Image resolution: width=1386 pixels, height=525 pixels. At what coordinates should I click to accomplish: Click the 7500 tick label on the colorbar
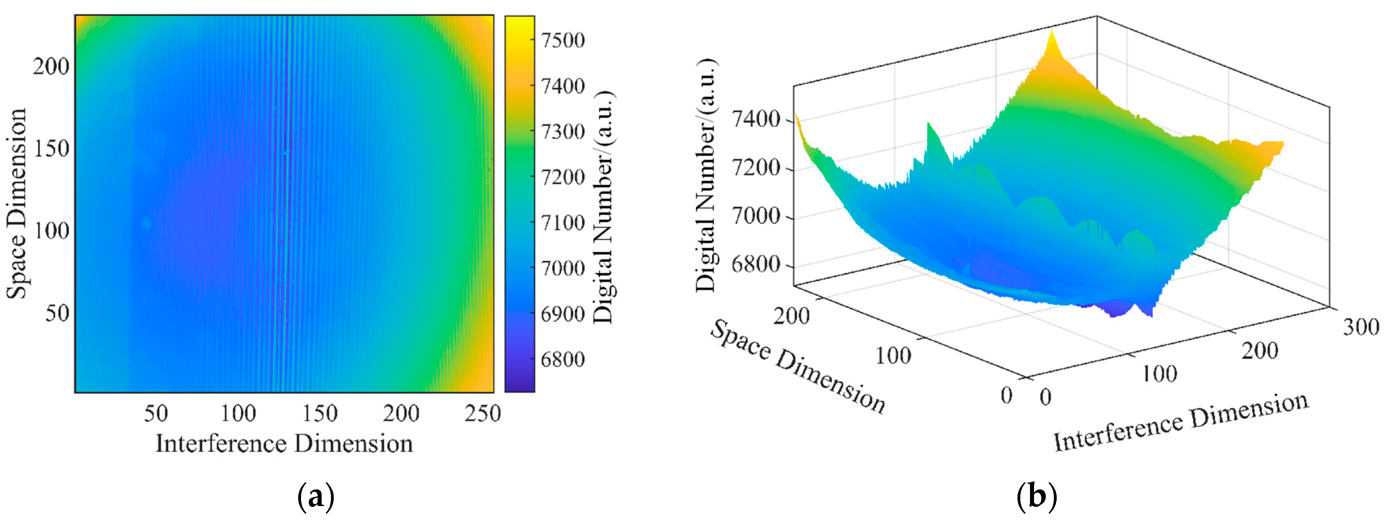pos(562,40)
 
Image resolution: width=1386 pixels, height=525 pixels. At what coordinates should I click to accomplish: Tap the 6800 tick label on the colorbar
pos(562,359)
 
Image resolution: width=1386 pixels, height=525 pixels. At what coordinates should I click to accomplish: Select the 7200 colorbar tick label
pos(562,177)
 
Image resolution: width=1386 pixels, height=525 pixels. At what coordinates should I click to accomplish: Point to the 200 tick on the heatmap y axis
pos(51,67)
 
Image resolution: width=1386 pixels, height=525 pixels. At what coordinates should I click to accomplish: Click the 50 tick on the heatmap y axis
pos(57,313)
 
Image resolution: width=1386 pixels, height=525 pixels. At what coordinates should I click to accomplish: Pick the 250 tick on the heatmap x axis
pos(482,413)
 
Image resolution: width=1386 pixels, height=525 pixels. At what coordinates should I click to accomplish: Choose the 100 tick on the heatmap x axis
pos(238,413)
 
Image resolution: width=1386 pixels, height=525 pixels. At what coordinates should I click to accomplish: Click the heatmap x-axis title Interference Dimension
pos(284,444)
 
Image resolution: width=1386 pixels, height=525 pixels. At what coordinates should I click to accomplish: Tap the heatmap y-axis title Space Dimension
pos(16,203)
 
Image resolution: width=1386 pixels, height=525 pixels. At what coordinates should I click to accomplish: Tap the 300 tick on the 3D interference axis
pos(1361,327)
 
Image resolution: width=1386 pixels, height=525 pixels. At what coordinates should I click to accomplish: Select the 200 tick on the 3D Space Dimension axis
pos(791,316)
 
